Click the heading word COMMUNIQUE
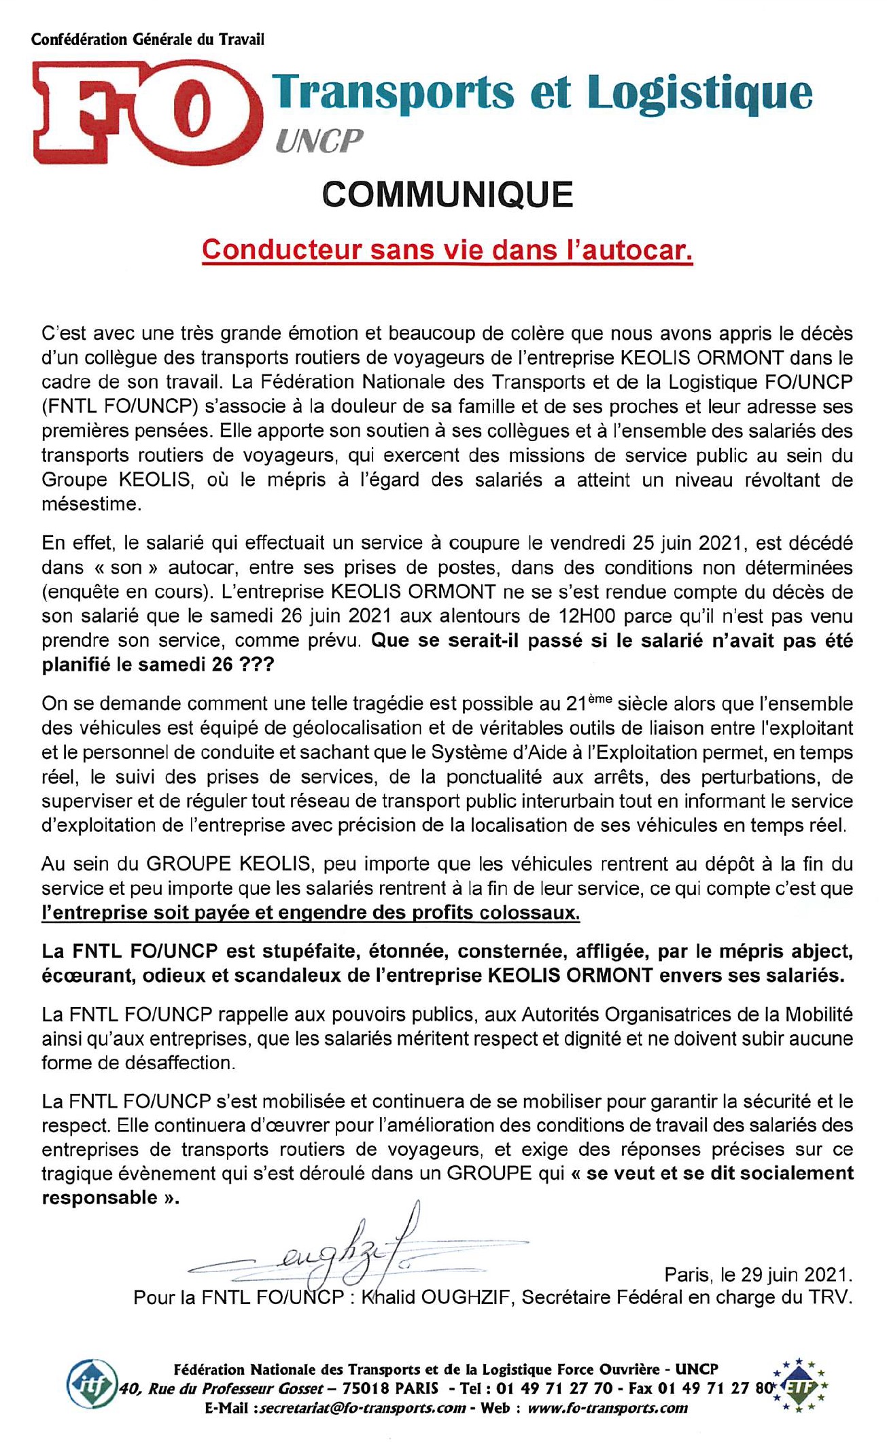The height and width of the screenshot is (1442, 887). tap(447, 195)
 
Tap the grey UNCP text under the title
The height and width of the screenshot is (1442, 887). tap(319, 141)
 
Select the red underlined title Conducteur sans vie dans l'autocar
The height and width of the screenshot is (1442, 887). tap(447, 250)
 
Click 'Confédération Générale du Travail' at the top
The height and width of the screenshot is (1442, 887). tap(147, 39)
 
